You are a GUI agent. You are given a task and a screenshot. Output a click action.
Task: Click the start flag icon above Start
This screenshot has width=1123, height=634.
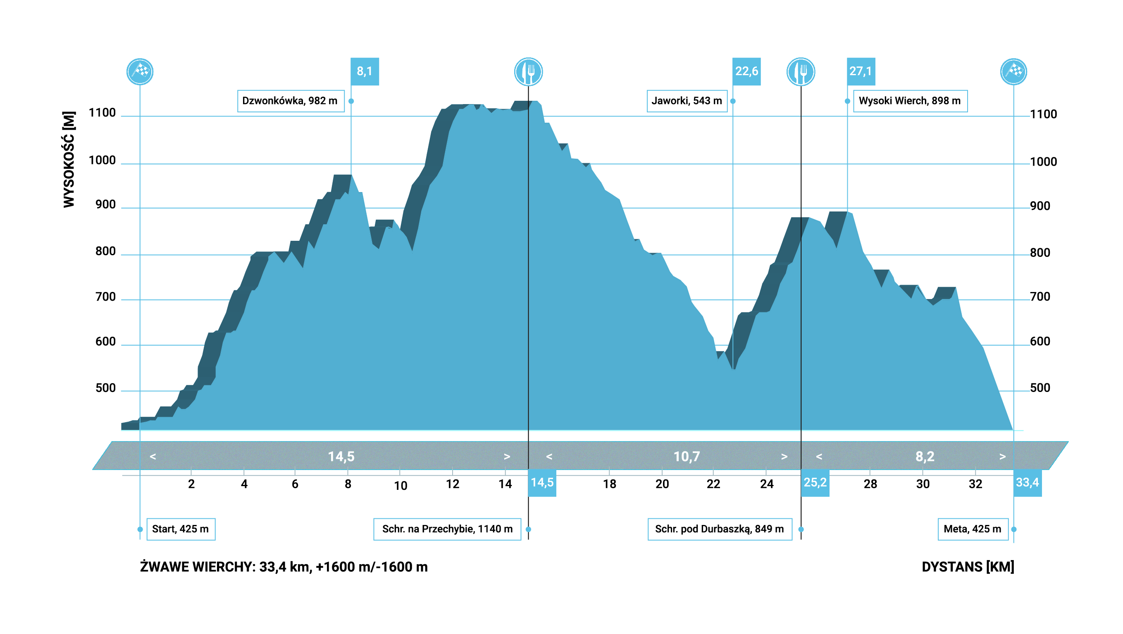[140, 71]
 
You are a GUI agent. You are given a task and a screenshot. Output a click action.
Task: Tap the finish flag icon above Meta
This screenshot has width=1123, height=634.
[1013, 71]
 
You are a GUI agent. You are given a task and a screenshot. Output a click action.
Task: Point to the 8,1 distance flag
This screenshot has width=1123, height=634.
[365, 71]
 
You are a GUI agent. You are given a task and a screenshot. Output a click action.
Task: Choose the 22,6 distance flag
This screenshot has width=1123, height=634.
[746, 71]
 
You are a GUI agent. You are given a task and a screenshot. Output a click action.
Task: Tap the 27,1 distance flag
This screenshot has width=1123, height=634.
[861, 71]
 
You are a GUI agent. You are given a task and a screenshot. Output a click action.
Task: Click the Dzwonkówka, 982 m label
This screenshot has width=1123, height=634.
[290, 101]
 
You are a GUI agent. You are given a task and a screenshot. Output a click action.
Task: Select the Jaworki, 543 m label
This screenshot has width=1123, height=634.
[687, 101]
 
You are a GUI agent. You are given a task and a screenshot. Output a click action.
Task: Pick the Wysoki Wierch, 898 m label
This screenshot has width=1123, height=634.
[910, 101]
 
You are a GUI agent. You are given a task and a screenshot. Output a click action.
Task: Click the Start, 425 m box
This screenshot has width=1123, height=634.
[181, 529]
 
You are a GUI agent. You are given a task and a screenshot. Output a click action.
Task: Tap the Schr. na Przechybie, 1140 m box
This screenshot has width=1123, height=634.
[447, 529]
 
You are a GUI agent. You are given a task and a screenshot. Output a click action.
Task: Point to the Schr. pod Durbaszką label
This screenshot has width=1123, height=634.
[719, 529]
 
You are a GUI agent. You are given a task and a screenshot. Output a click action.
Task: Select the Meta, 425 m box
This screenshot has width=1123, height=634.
[973, 529]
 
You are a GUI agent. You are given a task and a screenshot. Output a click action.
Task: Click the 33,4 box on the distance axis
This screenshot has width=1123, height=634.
[1027, 482]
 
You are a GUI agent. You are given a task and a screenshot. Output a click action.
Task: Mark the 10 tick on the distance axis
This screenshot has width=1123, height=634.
[400, 485]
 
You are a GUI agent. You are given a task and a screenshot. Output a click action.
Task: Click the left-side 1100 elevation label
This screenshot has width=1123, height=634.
[102, 113]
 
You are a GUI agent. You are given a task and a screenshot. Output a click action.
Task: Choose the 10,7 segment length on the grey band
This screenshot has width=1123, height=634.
[687, 456]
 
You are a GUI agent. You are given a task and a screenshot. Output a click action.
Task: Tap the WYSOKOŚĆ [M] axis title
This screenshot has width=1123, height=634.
[69, 159]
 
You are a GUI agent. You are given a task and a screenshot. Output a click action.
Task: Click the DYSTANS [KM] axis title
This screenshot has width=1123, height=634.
[968, 567]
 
